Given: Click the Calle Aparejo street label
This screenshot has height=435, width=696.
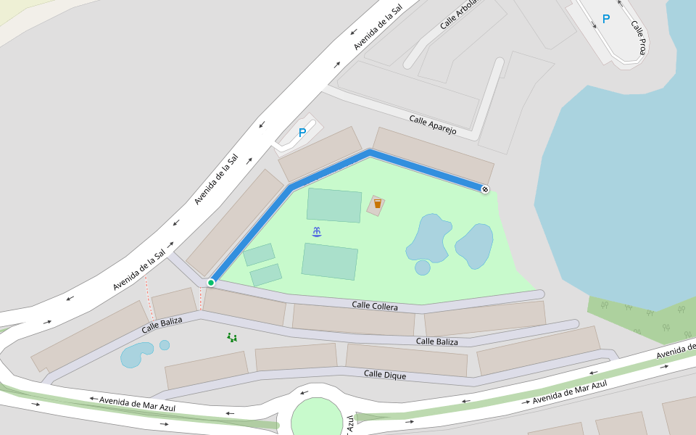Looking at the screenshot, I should click(433, 125).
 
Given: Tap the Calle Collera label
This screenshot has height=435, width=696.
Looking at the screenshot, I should click(375, 306).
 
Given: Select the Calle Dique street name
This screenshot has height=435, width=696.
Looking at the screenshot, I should click(385, 375).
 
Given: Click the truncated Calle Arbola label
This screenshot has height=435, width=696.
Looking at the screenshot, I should click(459, 15).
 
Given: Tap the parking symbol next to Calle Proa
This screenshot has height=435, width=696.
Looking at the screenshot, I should click(606, 20).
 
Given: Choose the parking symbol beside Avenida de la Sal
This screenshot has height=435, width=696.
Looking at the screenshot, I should click(302, 133).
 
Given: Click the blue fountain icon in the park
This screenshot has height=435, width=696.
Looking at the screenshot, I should click(317, 232).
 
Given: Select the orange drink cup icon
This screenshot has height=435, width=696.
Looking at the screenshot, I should click(377, 204).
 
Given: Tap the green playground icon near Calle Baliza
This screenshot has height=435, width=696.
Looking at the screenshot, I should click(232, 337).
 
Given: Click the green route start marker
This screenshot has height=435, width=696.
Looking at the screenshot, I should click(211, 282).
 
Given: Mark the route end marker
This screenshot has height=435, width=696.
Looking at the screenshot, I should click(484, 189).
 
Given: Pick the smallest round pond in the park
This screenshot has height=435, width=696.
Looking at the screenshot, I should click(423, 268).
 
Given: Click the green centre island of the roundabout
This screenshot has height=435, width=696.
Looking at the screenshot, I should click(317, 418).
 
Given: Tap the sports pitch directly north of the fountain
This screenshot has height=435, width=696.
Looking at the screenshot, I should click(334, 205).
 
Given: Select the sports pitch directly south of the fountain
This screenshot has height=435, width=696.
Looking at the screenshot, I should click(330, 261).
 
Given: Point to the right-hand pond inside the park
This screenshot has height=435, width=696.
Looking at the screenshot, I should click(475, 245).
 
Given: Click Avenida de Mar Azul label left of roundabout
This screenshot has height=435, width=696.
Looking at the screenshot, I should click(138, 403).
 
